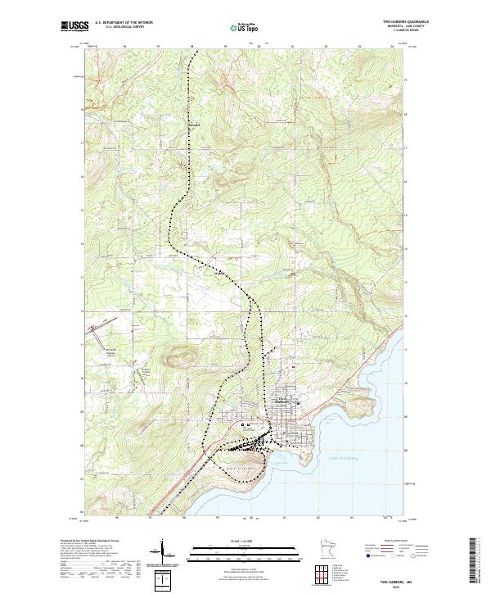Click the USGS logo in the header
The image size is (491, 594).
[x=74, y=26]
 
